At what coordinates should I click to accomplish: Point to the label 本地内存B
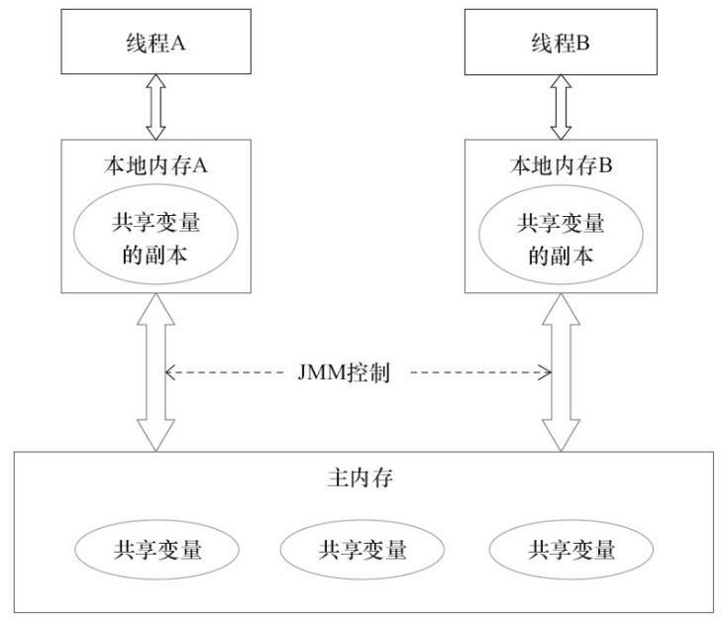pyautogui.click(x=562, y=165)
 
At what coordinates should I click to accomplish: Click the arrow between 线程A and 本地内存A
pyautogui.click(x=155, y=110)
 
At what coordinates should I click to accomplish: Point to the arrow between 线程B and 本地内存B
pyautogui.click(x=561, y=110)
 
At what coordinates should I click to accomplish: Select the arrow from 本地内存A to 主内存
pyautogui.click(x=156, y=373)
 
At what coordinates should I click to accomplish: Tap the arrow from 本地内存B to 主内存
pyautogui.click(x=561, y=373)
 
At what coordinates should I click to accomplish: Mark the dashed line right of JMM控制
pyautogui.click(x=475, y=373)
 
